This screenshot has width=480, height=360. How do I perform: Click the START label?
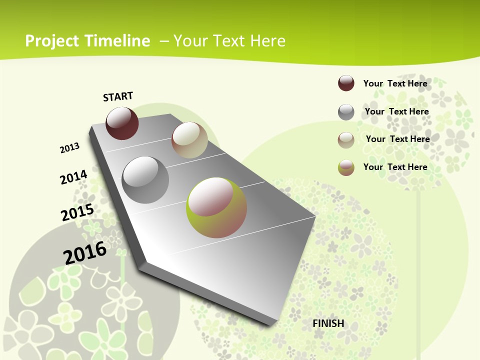pos(118,96)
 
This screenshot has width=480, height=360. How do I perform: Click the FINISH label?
pos(328,323)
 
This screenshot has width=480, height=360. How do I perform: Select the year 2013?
pos(70,148)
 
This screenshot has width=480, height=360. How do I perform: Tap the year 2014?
pos(74,177)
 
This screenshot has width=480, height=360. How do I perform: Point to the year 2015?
pos(77,212)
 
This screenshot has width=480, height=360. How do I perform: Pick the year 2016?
pos(85,253)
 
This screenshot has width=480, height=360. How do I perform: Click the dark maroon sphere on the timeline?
pos(122,123)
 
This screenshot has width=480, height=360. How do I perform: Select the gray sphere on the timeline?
pos(145,180)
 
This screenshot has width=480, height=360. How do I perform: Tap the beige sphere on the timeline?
pos(189,140)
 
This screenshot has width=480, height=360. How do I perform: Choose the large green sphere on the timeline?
pos(216,207)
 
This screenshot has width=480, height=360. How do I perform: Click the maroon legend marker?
pos(346,83)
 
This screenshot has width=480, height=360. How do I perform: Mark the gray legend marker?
pos(346,112)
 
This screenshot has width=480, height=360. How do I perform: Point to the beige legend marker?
pos(346,140)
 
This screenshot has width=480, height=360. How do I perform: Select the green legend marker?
pos(346,167)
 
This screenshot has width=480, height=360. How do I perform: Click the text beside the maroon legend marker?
pos(395,83)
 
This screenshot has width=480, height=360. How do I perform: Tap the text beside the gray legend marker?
pos(396,111)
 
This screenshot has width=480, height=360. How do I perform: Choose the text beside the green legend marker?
pos(395,167)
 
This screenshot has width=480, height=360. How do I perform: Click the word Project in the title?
pos(52,41)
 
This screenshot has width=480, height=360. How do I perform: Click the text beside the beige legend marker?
pos(397,139)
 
